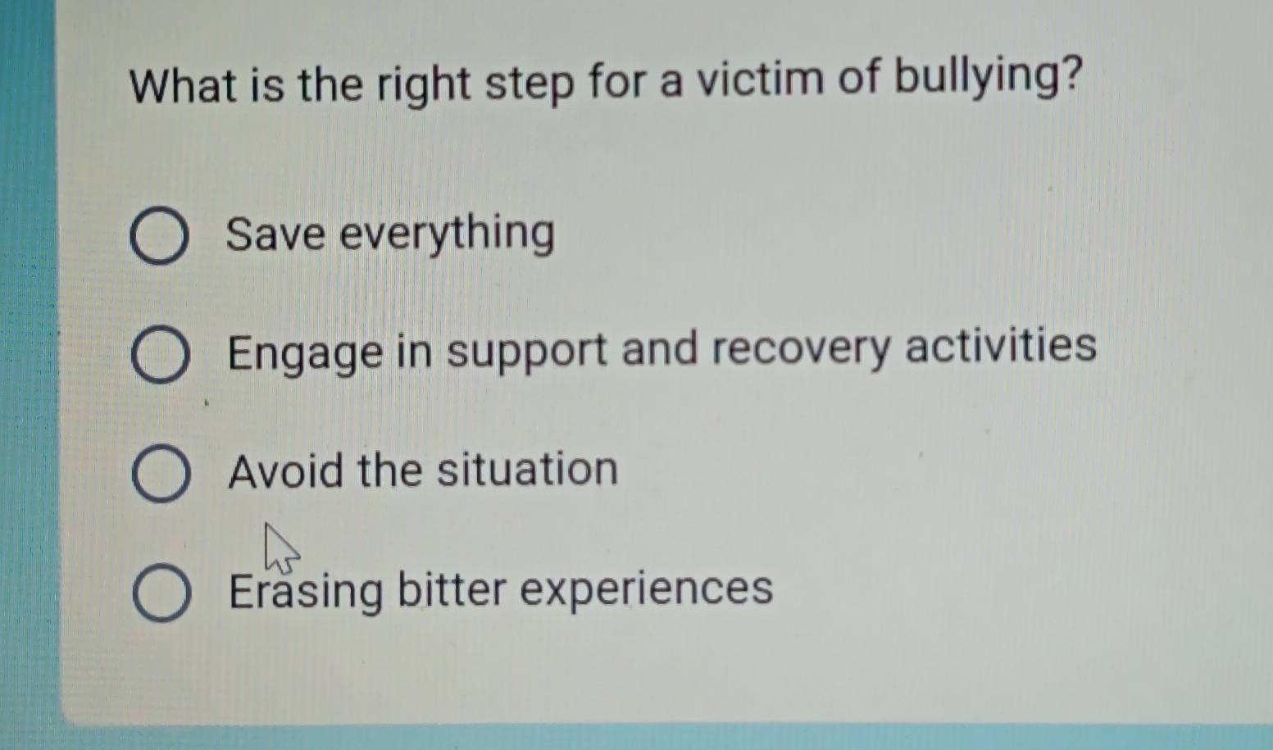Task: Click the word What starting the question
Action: (x=184, y=87)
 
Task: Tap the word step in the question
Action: (x=530, y=85)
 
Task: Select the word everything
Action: (x=448, y=234)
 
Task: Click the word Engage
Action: (x=305, y=354)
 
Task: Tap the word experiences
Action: (x=647, y=590)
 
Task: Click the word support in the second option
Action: (x=527, y=352)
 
